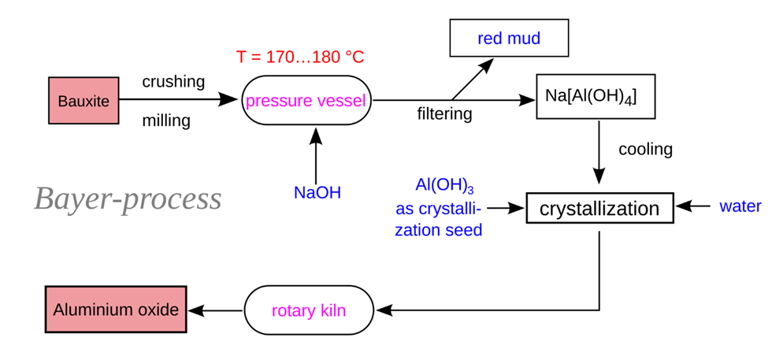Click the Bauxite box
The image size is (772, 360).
pos(84,101)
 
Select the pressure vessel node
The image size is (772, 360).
pos(306,101)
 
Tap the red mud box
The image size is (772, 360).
pos(508,39)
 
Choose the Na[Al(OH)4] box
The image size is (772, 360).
pos(591,97)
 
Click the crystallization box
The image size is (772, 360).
pos(599,209)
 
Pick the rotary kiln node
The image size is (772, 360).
pos(309,310)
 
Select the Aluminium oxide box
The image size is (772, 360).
pos(116,310)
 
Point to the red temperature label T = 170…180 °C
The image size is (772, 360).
pos(300,58)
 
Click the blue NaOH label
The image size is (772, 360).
pos(317,192)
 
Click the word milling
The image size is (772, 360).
pos(166,121)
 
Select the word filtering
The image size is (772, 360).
pos(444,114)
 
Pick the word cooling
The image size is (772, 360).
pos(645,149)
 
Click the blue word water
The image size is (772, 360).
pos(740,206)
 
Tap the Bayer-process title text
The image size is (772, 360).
pos(128,199)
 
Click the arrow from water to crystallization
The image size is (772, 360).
pos(694,206)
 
